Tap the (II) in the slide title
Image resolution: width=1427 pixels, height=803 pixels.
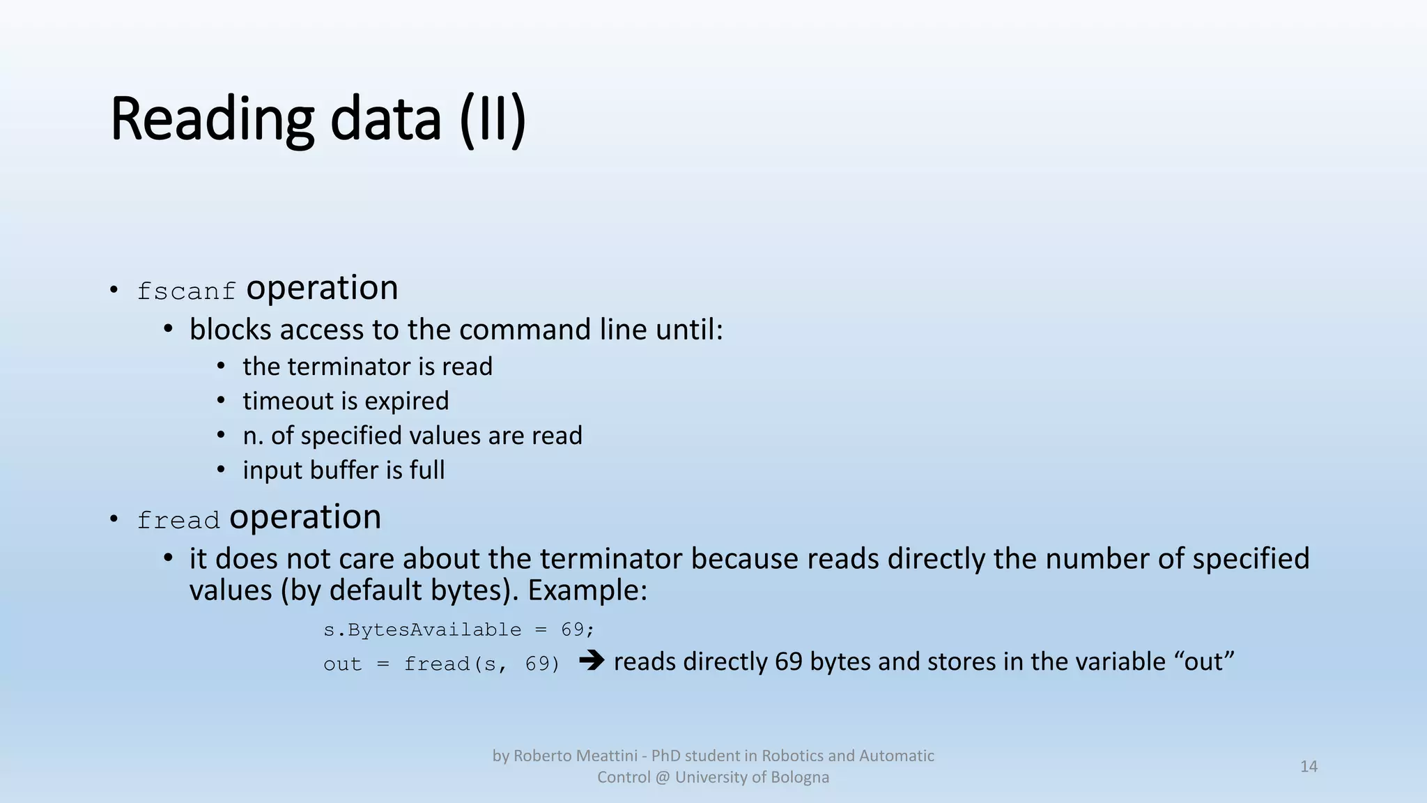(x=493, y=119)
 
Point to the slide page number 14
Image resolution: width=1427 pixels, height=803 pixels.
(x=1309, y=767)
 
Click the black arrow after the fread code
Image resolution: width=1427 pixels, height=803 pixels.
(x=592, y=660)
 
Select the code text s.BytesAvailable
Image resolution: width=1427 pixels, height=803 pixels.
(x=422, y=630)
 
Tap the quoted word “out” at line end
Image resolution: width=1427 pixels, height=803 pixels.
(x=1209, y=661)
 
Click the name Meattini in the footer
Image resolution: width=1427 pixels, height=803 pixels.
(x=604, y=756)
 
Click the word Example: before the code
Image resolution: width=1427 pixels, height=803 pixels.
(x=587, y=590)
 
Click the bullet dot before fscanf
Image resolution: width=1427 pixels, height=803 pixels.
(x=114, y=290)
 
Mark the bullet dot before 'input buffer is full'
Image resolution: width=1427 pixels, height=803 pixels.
(x=221, y=471)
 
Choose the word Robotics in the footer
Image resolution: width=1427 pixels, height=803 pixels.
(x=792, y=756)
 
